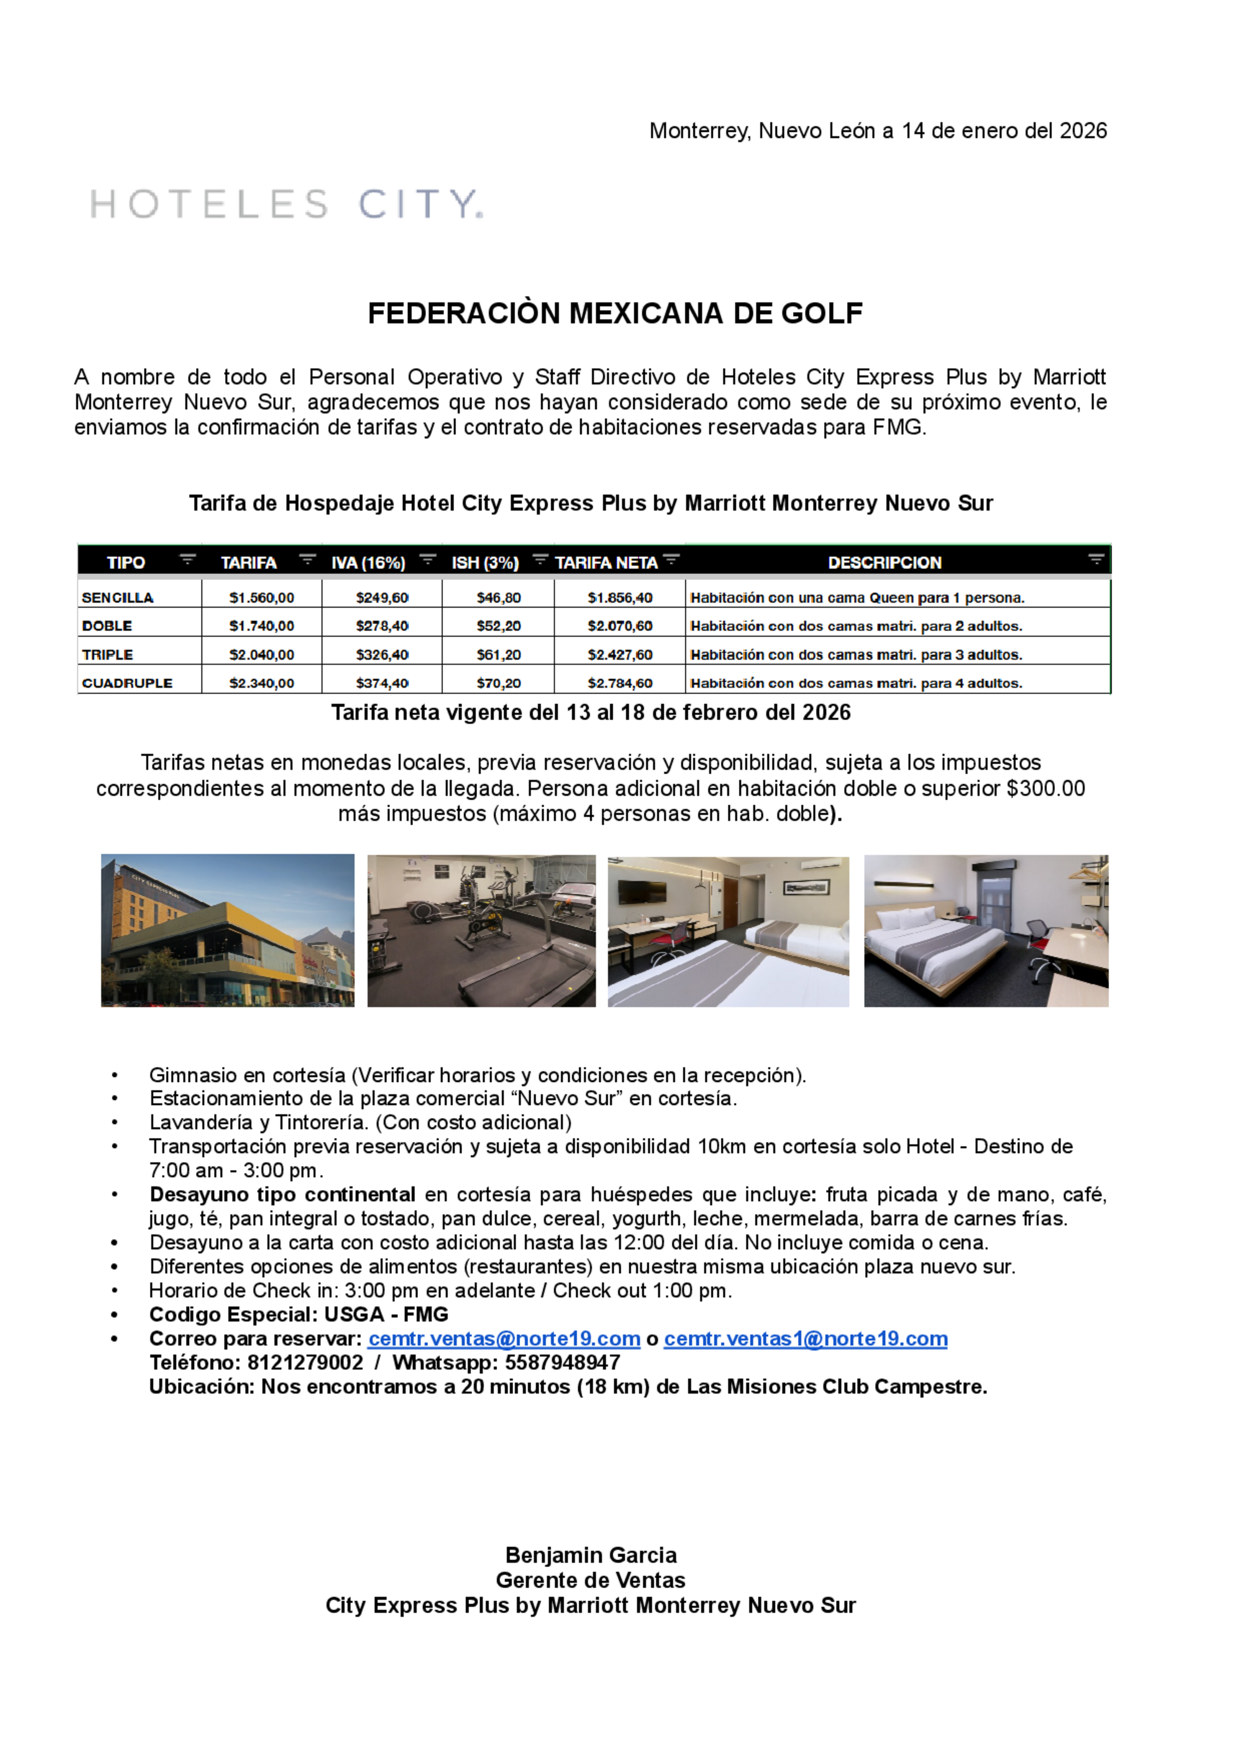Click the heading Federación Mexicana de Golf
click(x=615, y=313)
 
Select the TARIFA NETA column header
click(x=606, y=563)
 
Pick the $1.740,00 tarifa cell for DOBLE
click(x=261, y=626)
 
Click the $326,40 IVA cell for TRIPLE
click(x=381, y=655)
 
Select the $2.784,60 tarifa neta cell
click(x=620, y=683)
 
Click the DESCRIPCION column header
click(x=884, y=563)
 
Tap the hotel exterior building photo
click(x=228, y=930)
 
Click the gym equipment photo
click(x=481, y=930)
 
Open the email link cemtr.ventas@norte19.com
click(x=504, y=1339)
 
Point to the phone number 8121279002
click(x=305, y=1362)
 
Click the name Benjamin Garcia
click(x=591, y=1555)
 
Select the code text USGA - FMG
click(x=386, y=1315)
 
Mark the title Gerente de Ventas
click(x=591, y=1580)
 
